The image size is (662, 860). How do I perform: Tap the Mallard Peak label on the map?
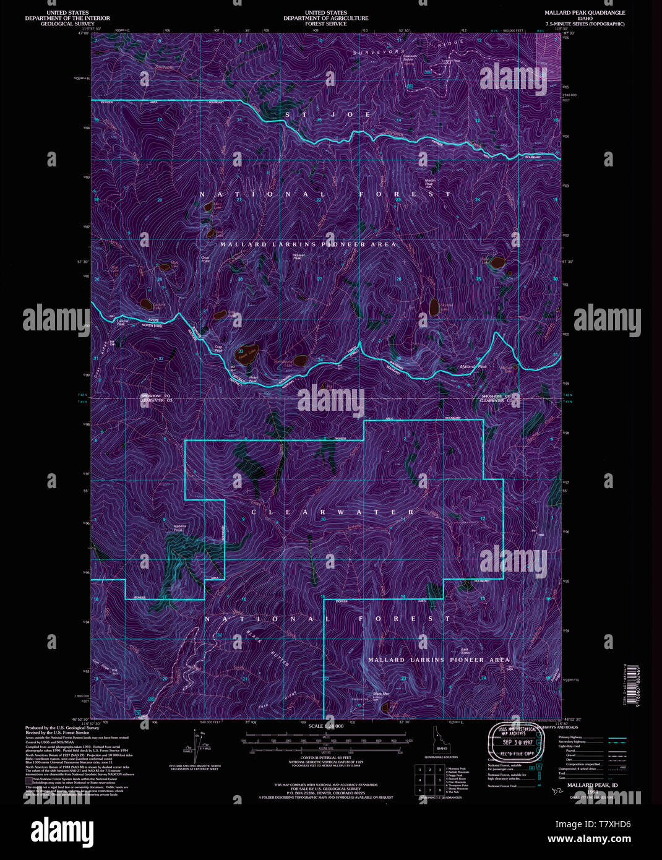click(473, 367)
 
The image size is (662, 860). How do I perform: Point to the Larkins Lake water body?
click(146, 304)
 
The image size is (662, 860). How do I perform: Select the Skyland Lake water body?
click(434, 306)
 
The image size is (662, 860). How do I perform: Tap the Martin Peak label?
click(430, 181)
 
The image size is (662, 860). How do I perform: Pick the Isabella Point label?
click(178, 528)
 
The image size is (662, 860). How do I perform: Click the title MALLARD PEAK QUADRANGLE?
click(585, 12)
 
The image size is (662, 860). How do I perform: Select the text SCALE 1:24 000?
click(325, 726)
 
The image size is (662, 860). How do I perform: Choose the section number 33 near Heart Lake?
click(240, 351)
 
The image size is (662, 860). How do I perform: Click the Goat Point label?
click(205, 259)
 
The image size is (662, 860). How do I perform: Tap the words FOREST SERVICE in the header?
click(325, 24)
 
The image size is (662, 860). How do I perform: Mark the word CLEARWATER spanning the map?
click(332, 512)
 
